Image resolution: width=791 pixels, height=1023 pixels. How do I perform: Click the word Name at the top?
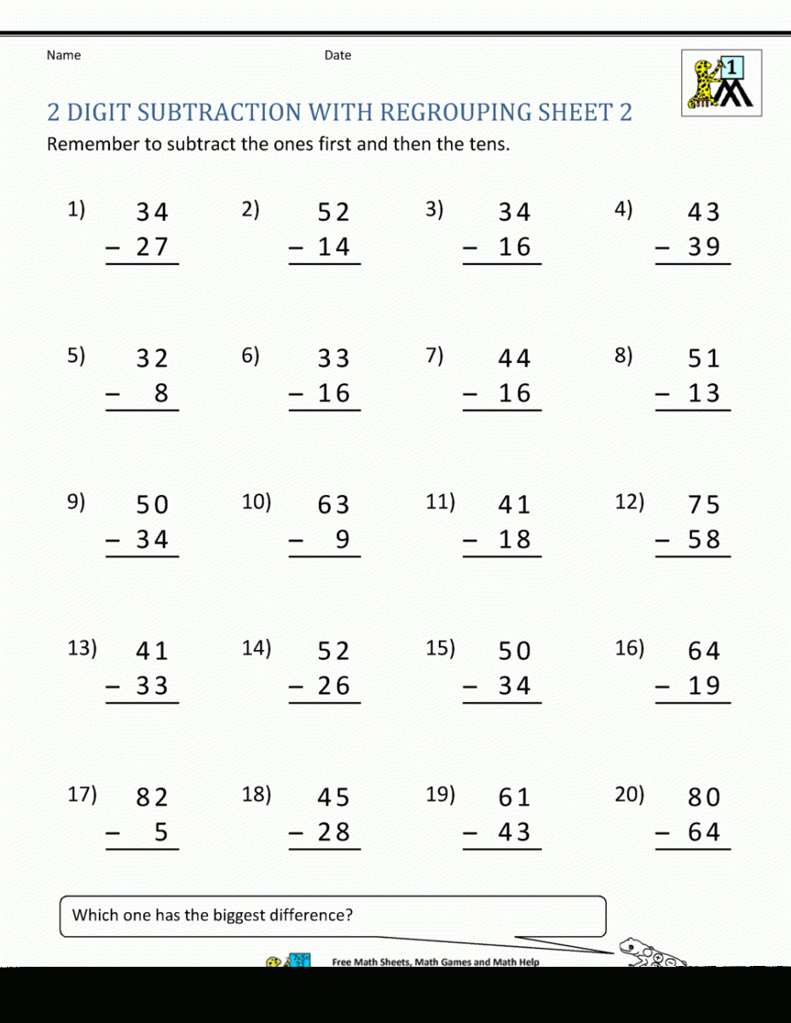pyautogui.click(x=64, y=55)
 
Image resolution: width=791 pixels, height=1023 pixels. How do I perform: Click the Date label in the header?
pyautogui.click(x=338, y=55)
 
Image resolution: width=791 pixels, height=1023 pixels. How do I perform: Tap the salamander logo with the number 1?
pyautogui.click(x=721, y=83)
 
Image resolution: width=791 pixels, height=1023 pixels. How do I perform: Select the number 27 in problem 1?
pyautogui.click(x=153, y=247)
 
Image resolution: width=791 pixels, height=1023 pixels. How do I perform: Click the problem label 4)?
pyautogui.click(x=623, y=210)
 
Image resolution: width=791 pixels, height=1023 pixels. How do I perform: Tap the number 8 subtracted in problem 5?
pyautogui.click(x=161, y=394)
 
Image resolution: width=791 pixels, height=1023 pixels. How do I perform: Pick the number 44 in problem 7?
pyautogui.click(x=514, y=359)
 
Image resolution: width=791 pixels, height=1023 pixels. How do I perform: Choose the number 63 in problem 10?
pyautogui.click(x=333, y=505)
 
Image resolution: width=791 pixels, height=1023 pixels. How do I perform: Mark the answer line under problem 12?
pyautogui.click(x=693, y=557)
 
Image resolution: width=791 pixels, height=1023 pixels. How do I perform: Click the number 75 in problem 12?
pyautogui.click(x=704, y=505)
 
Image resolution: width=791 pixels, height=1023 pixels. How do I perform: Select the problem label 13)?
pyautogui.click(x=82, y=648)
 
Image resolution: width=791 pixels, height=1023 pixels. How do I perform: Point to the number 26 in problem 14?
pyautogui.click(x=333, y=686)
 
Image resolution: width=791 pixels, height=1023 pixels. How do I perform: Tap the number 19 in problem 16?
pyautogui.click(x=704, y=686)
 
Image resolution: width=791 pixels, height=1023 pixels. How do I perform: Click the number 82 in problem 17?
pyautogui.click(x=153, y=798)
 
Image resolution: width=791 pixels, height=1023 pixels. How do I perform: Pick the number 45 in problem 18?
pyautogui.click(x=333, y=798)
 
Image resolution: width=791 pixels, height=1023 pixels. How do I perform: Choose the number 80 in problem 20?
pyautogui.click(x=704, y=798)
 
